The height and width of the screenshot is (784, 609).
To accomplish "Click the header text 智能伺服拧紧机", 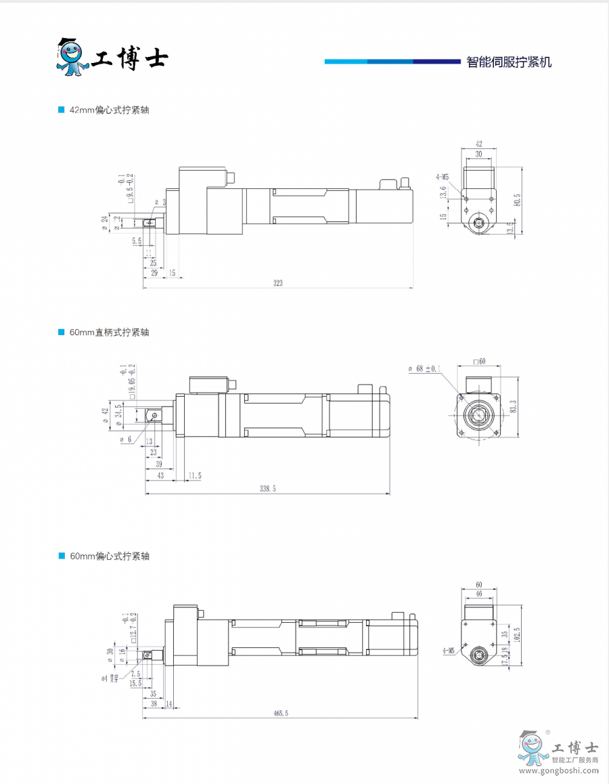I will click(x=509, y=62).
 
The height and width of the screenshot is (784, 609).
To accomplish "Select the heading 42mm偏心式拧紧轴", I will click(x=109, y=110).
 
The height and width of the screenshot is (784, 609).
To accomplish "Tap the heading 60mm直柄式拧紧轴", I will click(x=109, y=332).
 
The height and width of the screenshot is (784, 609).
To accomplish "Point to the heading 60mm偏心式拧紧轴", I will click(x=109, y=556).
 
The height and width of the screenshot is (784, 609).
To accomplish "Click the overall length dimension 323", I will click(x=277, y=283).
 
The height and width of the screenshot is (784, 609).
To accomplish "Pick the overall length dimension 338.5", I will click(x=268, y=488).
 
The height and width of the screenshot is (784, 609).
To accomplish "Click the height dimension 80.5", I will click(x=518, y=201).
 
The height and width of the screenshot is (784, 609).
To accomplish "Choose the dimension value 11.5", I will click(x=194, y=476).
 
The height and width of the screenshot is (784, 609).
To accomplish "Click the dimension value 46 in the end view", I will click(x=478, y=593).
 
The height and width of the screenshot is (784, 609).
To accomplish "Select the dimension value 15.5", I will click(x=135, y=684).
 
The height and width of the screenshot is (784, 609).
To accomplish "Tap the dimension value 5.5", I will click(x=137, y=240).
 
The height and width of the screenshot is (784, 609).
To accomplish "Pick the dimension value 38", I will click(x=154, y=703).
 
